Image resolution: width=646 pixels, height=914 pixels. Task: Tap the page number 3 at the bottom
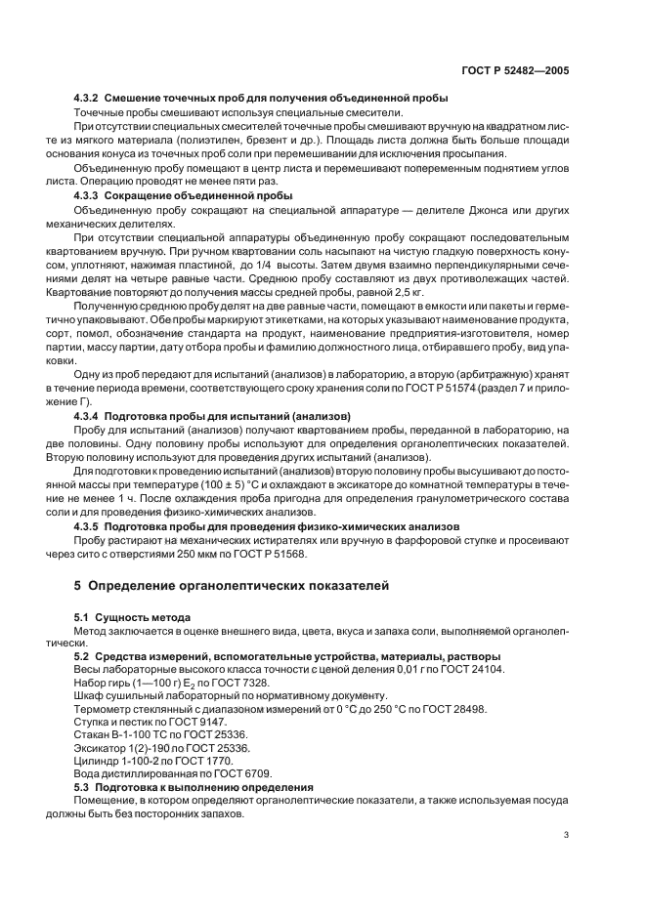tap(567, 834)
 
